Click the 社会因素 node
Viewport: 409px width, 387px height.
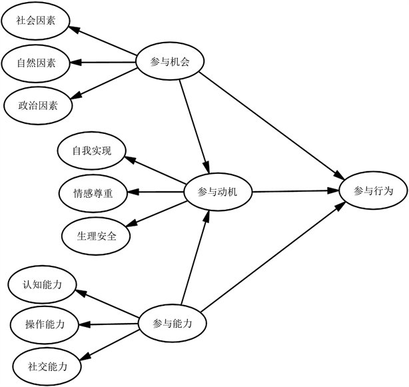36,21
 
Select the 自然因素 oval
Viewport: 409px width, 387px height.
37,63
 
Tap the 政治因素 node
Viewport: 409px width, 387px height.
37,105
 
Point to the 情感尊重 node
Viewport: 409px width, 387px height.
93,193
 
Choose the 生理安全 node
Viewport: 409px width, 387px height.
95,234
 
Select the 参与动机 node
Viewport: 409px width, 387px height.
218,193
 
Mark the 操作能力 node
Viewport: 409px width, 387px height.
45,325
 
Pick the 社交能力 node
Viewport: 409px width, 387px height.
47,366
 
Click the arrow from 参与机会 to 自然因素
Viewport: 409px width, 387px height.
103,63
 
